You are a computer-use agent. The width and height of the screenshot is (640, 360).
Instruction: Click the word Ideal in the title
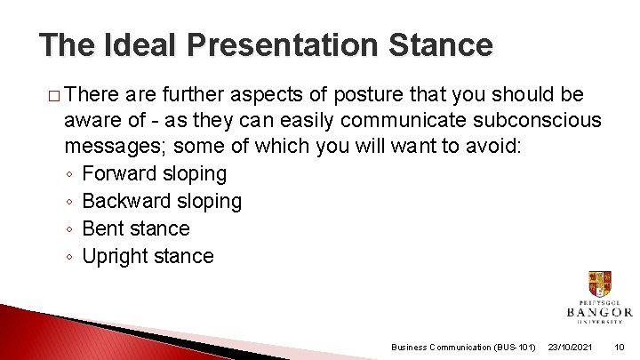(x=143, y=44)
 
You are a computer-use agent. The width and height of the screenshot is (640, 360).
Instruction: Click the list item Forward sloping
(x=154, y=173)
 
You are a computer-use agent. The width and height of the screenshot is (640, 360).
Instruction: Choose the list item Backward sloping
(x=161, y=201)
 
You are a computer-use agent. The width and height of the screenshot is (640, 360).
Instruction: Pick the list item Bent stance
(x=135, y=228)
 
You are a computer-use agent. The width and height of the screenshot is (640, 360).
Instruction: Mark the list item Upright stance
(x=148, y=256)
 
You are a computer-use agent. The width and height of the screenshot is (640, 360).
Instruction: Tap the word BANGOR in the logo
(x=599, y=312)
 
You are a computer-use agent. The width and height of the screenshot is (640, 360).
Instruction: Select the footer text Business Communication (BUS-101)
(x=462, y=347)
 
